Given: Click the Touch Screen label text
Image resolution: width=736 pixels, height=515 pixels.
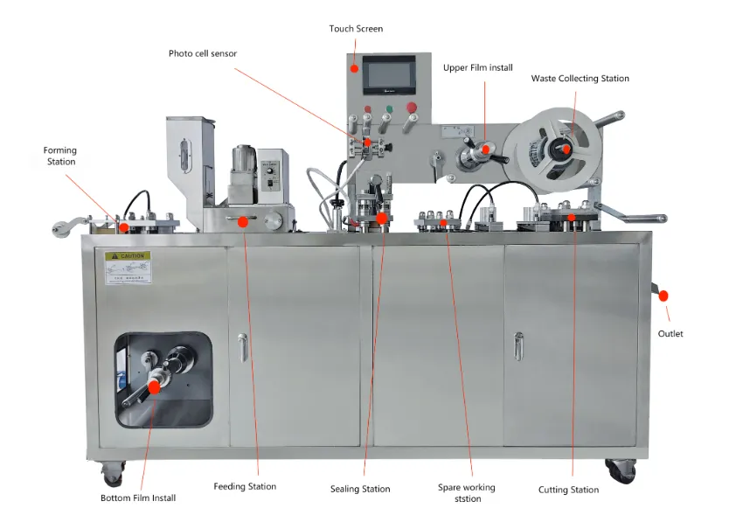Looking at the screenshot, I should point(356,29).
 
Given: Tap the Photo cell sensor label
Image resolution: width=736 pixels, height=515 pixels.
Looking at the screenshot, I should point(203,53).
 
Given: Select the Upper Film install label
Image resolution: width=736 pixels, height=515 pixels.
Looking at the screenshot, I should point(477,67).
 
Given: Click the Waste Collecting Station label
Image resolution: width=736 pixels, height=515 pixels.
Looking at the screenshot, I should point(580,79).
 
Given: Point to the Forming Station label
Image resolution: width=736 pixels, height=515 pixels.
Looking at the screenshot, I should point(60,156).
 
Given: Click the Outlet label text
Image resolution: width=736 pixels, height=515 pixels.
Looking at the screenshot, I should point(670,333).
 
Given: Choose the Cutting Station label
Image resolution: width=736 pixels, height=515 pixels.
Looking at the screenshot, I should point(568,490).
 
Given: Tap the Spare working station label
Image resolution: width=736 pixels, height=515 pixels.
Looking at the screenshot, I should point(466,492).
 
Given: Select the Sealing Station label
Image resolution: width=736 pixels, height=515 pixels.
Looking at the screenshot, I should point(360,489).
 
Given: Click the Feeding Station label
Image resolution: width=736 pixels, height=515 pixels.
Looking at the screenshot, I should point(245,486).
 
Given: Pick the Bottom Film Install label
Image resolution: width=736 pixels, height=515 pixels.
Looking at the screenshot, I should point(138,498).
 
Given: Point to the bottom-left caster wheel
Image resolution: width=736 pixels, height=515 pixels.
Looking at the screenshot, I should point(113,475).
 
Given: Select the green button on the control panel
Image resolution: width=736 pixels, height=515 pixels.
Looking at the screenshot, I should point(387,109).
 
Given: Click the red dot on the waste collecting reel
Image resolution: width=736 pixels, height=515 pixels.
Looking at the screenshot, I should point(566,149).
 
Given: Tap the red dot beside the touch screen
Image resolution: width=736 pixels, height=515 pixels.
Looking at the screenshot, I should point(355,68).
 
